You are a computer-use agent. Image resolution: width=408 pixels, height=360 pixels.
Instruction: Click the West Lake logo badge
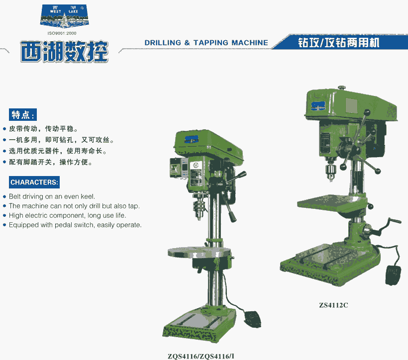click(x=64, y=16)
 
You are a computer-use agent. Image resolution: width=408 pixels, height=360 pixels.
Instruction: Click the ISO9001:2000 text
click(x=62, y=33)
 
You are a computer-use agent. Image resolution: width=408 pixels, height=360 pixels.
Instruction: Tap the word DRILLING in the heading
click(x=163, y=43)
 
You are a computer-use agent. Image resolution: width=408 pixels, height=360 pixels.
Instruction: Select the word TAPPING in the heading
click(x=210, y=43)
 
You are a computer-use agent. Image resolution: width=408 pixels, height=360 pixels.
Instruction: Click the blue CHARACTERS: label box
click(x=34, y=182)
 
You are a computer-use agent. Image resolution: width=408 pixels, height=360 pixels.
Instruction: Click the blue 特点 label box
click(x=22, y=115)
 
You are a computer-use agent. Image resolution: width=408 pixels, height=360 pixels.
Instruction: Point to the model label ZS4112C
click(x=333, y=305)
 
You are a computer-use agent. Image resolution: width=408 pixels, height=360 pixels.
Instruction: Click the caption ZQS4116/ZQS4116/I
click(x=201, y=356)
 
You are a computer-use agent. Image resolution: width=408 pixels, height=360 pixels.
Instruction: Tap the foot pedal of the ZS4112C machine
click(x=393, y=275)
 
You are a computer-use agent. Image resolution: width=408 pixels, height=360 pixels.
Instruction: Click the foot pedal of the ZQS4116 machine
click(x=252, y=319)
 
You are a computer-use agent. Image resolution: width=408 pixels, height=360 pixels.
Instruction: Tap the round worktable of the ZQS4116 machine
click(x=199, y=252)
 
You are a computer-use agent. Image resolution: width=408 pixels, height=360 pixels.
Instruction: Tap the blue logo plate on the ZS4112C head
click(x=318, y=106)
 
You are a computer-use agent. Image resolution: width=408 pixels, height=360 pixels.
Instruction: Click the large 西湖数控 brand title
click(x=64, y=52)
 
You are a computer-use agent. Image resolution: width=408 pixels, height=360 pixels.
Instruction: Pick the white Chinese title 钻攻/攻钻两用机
click(x=338, y=42)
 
